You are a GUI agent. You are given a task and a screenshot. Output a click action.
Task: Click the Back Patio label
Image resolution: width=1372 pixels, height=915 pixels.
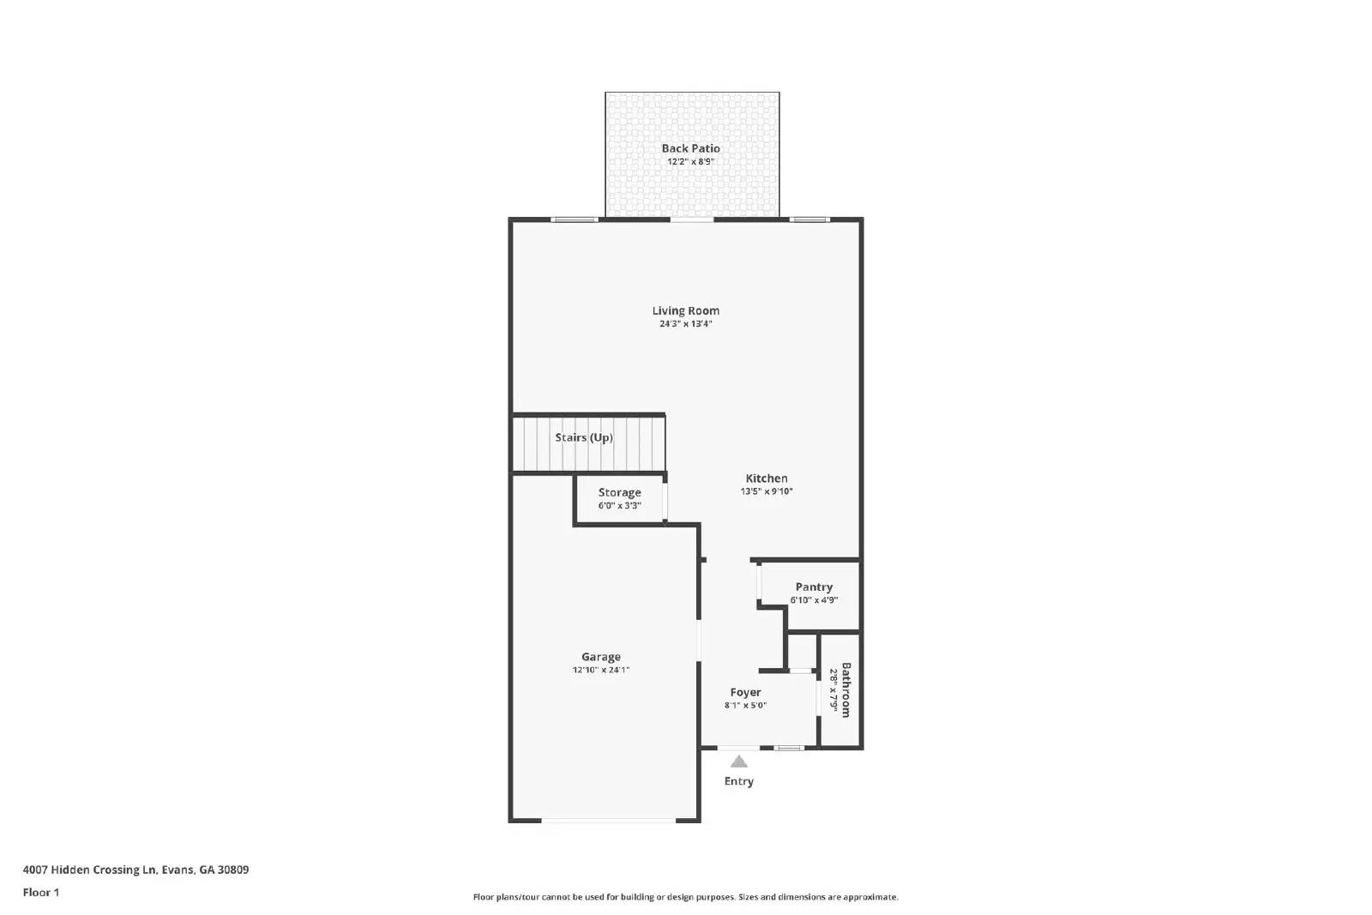coord(690,148)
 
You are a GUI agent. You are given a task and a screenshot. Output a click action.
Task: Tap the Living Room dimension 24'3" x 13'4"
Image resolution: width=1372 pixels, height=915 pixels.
coord(685,324)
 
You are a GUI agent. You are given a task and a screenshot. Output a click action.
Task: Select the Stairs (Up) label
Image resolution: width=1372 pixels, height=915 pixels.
coord(583,437)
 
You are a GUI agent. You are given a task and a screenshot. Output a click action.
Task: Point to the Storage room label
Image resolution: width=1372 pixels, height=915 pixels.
coord(619,492)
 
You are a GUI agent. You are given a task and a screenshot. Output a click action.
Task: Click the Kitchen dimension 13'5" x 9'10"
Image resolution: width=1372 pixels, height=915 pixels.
coord(766,491)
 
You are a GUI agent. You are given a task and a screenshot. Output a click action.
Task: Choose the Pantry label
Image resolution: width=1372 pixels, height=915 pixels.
coord(814,587)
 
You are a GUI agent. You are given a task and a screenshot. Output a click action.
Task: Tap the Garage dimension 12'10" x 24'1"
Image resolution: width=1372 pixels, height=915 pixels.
coord(600,670)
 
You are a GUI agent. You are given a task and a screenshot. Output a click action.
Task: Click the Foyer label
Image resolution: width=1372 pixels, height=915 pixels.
coord(745,692)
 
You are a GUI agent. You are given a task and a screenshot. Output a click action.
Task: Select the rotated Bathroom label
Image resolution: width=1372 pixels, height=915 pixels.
coord(845,689)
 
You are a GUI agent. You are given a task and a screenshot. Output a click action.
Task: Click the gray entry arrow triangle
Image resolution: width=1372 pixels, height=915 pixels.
coord(738,761)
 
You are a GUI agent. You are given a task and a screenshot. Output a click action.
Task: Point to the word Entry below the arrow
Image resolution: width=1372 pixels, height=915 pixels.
coord(738,781)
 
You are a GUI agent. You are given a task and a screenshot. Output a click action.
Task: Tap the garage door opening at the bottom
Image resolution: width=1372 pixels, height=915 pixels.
coord(609,821)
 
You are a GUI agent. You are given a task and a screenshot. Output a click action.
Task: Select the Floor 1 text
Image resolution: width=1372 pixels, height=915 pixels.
coord(41,893)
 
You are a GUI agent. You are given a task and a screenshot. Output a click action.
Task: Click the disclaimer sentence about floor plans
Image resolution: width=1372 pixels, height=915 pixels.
coord(685,897)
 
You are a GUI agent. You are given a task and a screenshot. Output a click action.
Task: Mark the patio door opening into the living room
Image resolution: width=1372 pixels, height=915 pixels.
coord(691,220)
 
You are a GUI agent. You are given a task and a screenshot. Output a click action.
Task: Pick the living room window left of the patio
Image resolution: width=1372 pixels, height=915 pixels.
coord(574,220)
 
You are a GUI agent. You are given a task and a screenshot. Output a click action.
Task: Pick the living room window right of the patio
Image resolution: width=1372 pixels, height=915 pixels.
coord(809,220)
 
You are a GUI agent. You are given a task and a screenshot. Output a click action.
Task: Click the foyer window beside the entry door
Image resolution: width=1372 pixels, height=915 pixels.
coord(789,748)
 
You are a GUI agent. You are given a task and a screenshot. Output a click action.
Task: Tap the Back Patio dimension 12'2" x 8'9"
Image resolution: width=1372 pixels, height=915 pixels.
coord(690,161)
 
